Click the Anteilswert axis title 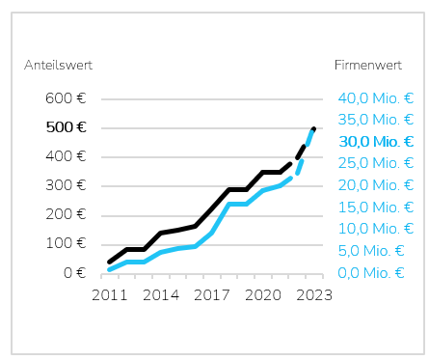point(58,65)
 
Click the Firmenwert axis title point(368,65)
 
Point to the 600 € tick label point(66,98)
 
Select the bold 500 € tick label point(66,127)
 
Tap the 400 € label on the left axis point(66,156)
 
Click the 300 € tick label point(66,185)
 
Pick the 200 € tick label point(66,214)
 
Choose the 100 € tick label point(66,243)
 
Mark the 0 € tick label point(75,273)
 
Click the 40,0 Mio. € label point(376,98)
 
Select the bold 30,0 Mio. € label point(376,142)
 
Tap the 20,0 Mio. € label point(376,185)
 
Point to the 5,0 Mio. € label point(371,251)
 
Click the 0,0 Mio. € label point(371,273)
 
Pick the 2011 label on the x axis point(110,295)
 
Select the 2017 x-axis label point(212,295)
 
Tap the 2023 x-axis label point(314,295)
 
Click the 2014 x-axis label point(161,295)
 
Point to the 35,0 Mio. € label point(376,120)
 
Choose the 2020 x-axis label point(263,295)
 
